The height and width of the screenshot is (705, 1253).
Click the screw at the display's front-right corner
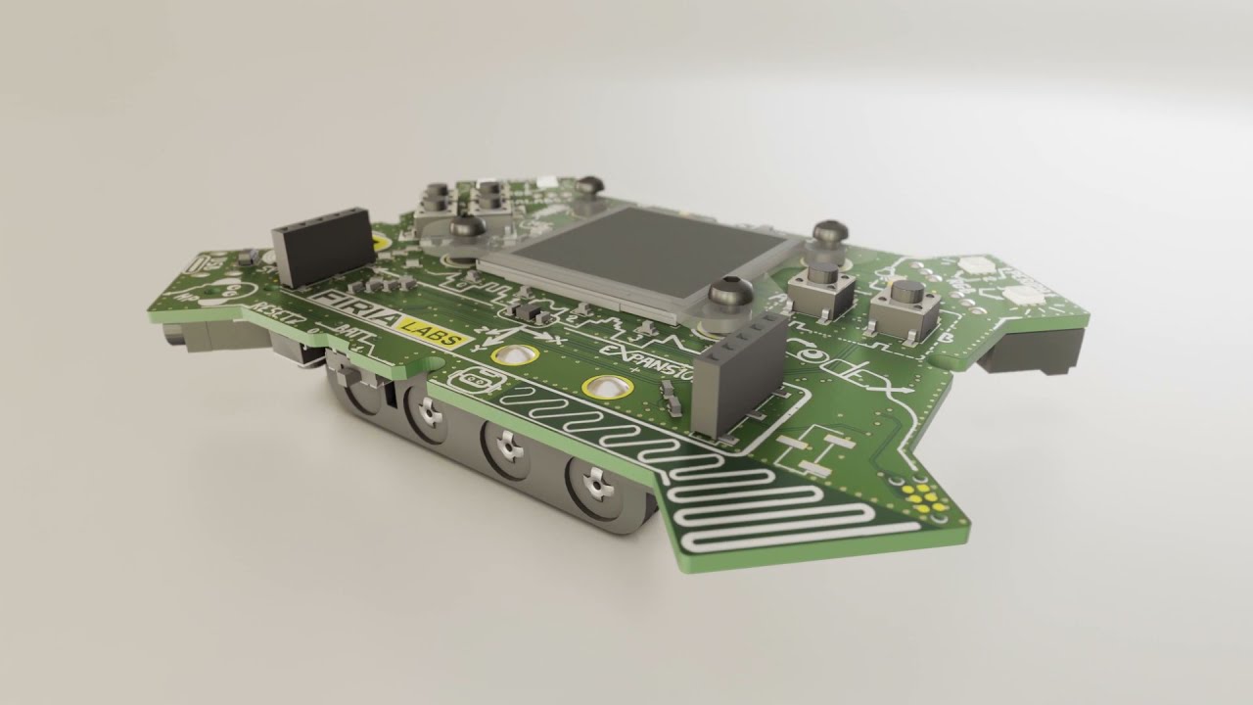[x=729, y=291]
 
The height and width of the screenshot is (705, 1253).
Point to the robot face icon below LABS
[x=474, y=378]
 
